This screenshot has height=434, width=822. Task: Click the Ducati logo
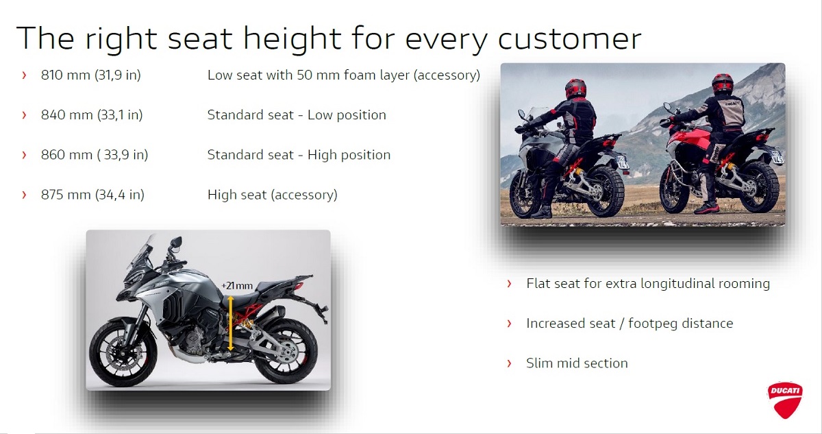(x=784, y=400)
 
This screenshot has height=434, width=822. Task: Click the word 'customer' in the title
(x=569, y=38)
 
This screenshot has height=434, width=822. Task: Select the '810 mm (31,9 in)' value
(x=91, y=75)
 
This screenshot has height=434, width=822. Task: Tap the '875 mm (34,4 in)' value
(x=92, y=195)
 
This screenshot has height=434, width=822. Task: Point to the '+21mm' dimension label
(x=237, y=285)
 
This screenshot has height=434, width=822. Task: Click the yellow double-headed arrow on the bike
(x=230, y=324)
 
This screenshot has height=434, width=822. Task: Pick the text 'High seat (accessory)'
(x=273, y=195)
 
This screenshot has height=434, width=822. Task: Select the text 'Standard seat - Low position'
(x=297, y=115)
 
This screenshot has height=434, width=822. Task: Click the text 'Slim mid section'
(x=577, y=363)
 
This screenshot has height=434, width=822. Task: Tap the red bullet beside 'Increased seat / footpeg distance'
(x=509, y=324)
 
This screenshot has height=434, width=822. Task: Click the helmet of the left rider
(x=576, y=88)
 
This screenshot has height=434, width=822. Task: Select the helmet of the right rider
(x=722, y=84)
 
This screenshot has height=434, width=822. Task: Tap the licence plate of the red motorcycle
(x=777, y=157)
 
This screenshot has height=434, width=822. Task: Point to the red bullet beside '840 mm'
(x=24, y=115)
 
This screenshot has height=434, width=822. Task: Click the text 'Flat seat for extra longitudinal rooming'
(x=648, y=283)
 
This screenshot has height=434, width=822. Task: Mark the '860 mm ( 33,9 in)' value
(x=95, y=155)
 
